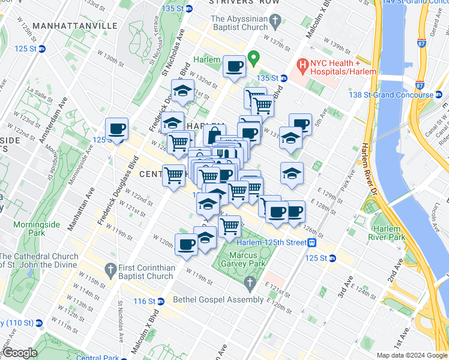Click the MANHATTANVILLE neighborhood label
tap(75, 26)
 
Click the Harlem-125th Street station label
tap(271, 242)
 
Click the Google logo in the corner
tap(20, 353)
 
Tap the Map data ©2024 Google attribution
tap(412, 355)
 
